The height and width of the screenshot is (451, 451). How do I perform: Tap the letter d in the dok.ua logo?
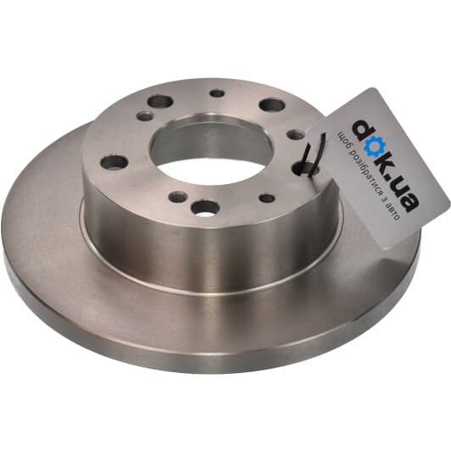click(x=359, y=129)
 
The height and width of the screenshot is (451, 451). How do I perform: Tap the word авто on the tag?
click(x=393, y=212)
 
